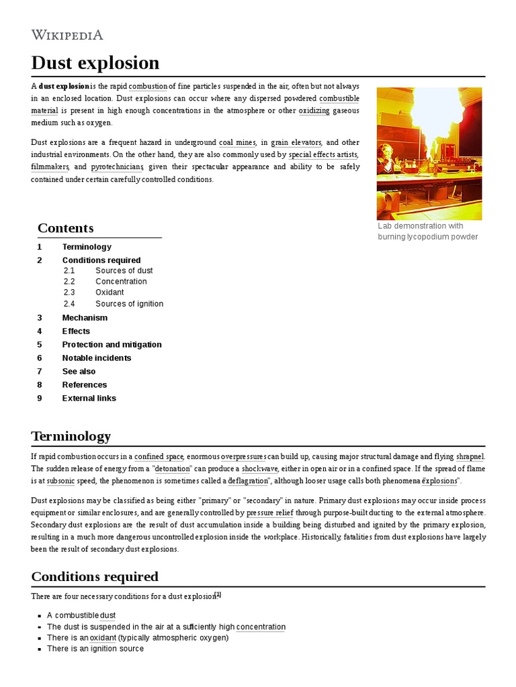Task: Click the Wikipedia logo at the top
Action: [x=67, y=35]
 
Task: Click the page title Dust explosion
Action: [x=95, y=63]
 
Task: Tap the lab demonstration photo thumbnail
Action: [x=429, y=153]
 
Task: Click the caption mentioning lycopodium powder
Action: [x=427, y=231]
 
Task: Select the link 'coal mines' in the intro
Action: [x=237, y=142]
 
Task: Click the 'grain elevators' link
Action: [x=296, y=142]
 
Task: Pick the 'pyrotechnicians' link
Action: [x=117, y=166]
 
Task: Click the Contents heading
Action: [x=65, y=227]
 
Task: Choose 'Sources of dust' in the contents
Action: [x=124, y=270]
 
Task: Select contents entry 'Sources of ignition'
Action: [x=129, y=303]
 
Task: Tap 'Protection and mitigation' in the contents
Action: [x=112, y=344]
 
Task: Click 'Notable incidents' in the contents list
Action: [x=97, y=358]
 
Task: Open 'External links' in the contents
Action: [x=89, y=398]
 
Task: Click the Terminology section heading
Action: [x=71, y=436]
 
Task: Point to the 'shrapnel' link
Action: [x=470, y=456]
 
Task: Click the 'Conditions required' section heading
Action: [x=95, y=576]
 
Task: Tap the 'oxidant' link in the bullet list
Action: [x=103, y=637]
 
